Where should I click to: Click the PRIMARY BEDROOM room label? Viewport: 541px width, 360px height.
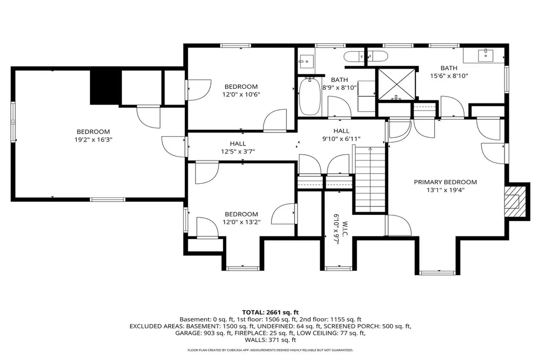[445, 182]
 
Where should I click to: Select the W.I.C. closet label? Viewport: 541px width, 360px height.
[336, 228]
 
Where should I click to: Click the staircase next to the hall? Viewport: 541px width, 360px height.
[370, 179]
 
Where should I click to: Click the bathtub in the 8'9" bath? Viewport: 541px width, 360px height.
[309, 96]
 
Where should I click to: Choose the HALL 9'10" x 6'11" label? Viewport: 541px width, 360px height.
[341, 135]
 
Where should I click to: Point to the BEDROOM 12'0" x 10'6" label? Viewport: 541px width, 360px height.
[241, 90]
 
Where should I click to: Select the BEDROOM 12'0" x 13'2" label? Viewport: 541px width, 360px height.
[241, 218]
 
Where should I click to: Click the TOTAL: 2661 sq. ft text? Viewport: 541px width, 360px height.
[270, 312]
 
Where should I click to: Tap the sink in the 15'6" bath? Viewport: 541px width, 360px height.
[484, 54]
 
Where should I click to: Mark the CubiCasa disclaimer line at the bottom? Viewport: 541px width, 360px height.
[270, 350]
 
